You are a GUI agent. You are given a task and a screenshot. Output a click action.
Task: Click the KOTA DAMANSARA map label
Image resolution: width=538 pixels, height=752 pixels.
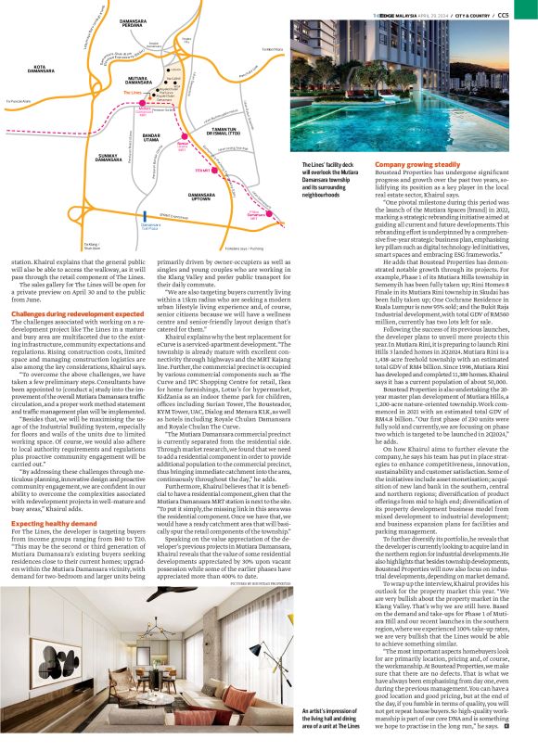pyautogui.click(x=45, y=68)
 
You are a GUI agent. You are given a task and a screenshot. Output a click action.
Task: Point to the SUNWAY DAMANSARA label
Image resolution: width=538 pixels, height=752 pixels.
pyautogui.click(x=109, y=159)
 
